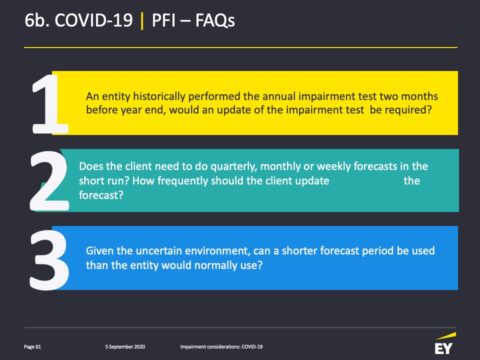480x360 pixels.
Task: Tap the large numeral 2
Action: pyautogui.click(x=49, y=180)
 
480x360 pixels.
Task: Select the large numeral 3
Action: pyautogui.click(x=49, y=259)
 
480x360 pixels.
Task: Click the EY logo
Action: pyautogui.click(x=445, y=343)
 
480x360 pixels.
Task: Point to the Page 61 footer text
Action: pyautogui.click(x=32, y=347)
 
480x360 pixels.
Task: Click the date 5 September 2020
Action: pyautogui.click(x=125, y=347)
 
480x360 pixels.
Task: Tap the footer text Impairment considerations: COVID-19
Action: pyautogui.click(x=221, y=347)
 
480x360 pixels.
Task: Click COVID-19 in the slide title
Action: pyautogui.click(x=93, y=20)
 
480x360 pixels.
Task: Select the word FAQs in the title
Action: pyautogui.click(x=215, y=20)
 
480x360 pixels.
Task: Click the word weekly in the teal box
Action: pyautogui.click(x=333, y=166)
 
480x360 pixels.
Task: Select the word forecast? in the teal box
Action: pyautogui.click(x=101, y=195)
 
